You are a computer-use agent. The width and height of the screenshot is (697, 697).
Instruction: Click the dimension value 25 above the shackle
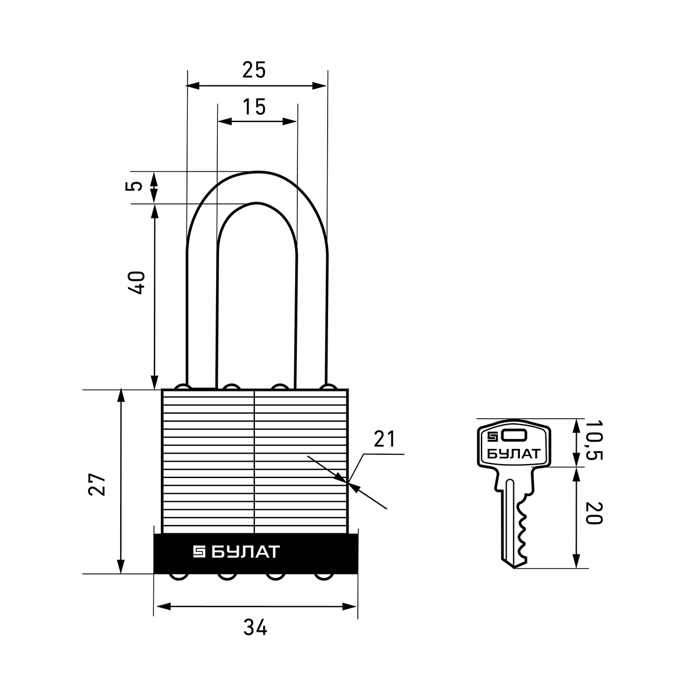(x=254, y=70)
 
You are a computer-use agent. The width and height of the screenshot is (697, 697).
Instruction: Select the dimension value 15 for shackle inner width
(x=254, y=107)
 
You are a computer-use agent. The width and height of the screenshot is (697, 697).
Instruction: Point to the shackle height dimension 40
(x=136, y=282)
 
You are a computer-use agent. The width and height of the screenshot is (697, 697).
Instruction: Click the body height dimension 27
(x=97, y=484)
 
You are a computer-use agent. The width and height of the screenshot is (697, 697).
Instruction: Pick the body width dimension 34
(x=255, y=627)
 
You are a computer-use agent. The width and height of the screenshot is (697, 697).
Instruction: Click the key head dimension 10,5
(x=594, y=440)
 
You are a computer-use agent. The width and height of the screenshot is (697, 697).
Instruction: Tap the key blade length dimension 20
(x=594, y=513)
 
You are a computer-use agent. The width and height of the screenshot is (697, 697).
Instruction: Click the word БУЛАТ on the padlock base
(x=246, y=552)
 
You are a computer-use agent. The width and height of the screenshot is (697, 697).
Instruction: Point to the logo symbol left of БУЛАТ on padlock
(x=199, y=552)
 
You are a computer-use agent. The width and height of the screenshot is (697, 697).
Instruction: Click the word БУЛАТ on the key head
(x=513, y=454)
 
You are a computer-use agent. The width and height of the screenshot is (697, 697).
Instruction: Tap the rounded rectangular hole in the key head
(x=513, y=436)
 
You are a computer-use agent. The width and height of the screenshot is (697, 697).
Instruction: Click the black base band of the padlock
(x=256, y=554)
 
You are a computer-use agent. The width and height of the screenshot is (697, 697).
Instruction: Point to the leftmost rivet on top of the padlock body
(x=182, y=387)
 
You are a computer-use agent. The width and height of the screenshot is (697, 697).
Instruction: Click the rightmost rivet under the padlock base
(x=324, y=577)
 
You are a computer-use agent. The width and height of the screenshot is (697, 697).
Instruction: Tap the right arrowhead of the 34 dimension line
(x=350, y=606)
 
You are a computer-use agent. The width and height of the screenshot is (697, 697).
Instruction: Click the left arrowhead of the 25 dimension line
(x=193, y=86)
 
